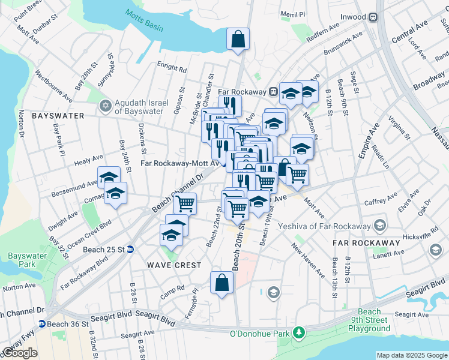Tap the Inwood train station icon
(373, 17)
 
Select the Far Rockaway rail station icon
(273, 91)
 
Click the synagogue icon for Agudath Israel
(106, 106)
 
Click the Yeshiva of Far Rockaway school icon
(379, 225)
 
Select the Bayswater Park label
(23, 260)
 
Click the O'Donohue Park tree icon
(298, 333)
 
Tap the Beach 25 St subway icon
(130, 250)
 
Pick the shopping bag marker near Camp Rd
(221, 283)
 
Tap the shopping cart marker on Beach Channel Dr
(185, 203)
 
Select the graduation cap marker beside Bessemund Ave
(109, 177)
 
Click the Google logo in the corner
(20, 353)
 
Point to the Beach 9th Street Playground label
(370, 320)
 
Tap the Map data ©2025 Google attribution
(412, 355)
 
